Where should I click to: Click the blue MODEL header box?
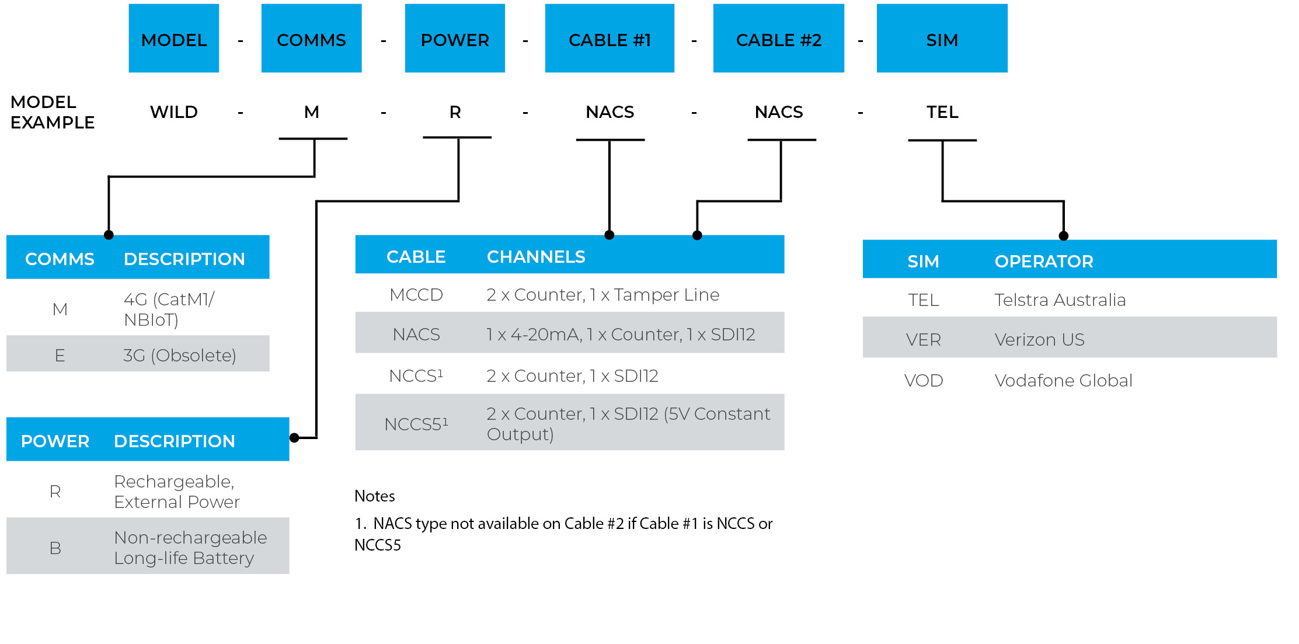coord(173,39)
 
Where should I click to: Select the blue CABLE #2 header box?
coord(778,39)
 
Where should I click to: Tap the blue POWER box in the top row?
coord(454,39)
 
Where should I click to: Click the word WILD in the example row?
coord(173,112)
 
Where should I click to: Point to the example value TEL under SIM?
coord(942,112)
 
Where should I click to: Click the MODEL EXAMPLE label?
coord(52,112)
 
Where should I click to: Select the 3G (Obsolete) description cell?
coord(179,355)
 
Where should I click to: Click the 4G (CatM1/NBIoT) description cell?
coord(169,309)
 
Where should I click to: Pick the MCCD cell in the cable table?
coord(416,294)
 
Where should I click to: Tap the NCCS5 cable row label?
coord(416,424)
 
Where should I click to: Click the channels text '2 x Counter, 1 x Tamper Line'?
coord(603,294)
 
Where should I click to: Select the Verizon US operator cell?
coord(1039,339)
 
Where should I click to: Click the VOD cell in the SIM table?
coord(923,380)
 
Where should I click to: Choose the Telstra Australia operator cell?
coord(1060,300)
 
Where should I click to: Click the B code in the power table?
coord(55,548)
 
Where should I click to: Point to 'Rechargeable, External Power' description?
coord(176,491)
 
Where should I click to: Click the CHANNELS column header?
coord(535,256)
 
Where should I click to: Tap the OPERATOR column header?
coord(1043,261)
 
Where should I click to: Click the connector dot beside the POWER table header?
coord(294,437)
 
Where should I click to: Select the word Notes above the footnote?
coord(374,496)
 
